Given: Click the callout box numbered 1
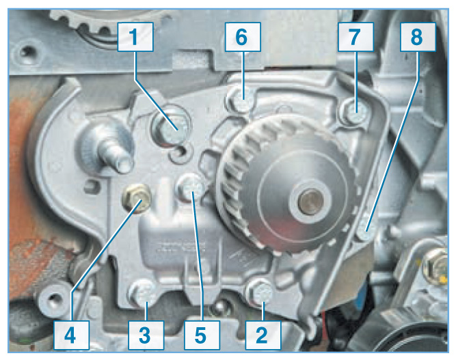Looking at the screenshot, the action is coord(135,37).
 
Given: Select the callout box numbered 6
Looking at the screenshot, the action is coord(243,37).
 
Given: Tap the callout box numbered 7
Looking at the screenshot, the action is coord(356,37).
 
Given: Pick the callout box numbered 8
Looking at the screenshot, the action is coord(418,37).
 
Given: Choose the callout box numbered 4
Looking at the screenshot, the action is coord(71,335).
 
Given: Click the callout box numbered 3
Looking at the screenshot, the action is coord(146,335).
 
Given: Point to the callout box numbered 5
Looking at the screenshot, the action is coord(202,335).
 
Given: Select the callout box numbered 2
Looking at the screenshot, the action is coord(263,335).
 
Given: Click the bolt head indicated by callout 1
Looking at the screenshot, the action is coord(172,128).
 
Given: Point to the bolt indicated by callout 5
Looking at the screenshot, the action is coord(191,187).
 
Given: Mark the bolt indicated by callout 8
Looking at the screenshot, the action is coord(366,227).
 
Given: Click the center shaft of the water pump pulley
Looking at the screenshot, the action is coord(310,201).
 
